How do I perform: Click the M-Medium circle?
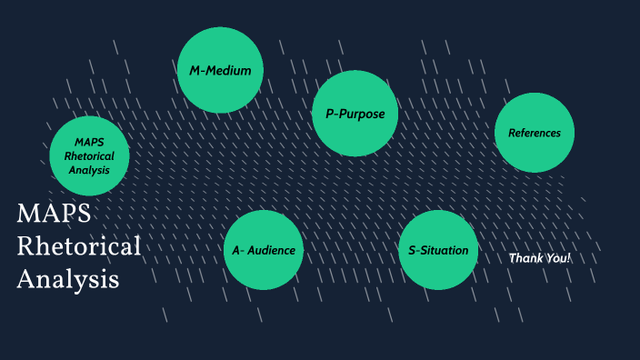220,70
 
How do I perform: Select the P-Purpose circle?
355,114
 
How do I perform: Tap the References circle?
535,133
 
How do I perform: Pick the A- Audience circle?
263,250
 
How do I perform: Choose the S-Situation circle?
438,250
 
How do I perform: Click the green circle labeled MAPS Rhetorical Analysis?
88,156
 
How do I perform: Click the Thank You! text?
540,258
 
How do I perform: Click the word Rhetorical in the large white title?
79,246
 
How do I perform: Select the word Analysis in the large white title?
68,279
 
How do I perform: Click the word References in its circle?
535,133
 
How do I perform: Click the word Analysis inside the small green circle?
88,169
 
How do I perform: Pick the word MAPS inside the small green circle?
88,143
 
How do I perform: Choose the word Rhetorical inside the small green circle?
88,156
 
